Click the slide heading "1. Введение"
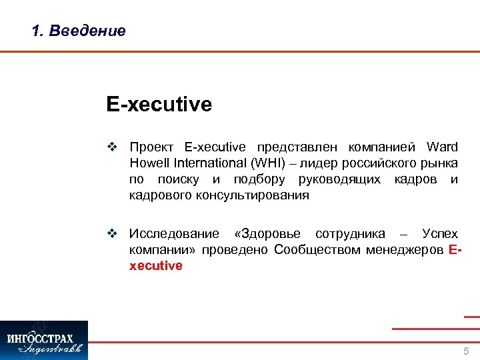[79, 31]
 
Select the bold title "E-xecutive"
[159, 105]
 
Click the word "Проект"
[153, 147]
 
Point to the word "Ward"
[442, 147]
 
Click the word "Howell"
[149, 163]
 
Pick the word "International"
[208, 163]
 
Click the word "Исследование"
[174, 234]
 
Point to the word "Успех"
[440, 234]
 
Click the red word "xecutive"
[155, 266]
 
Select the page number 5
[466, 351]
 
